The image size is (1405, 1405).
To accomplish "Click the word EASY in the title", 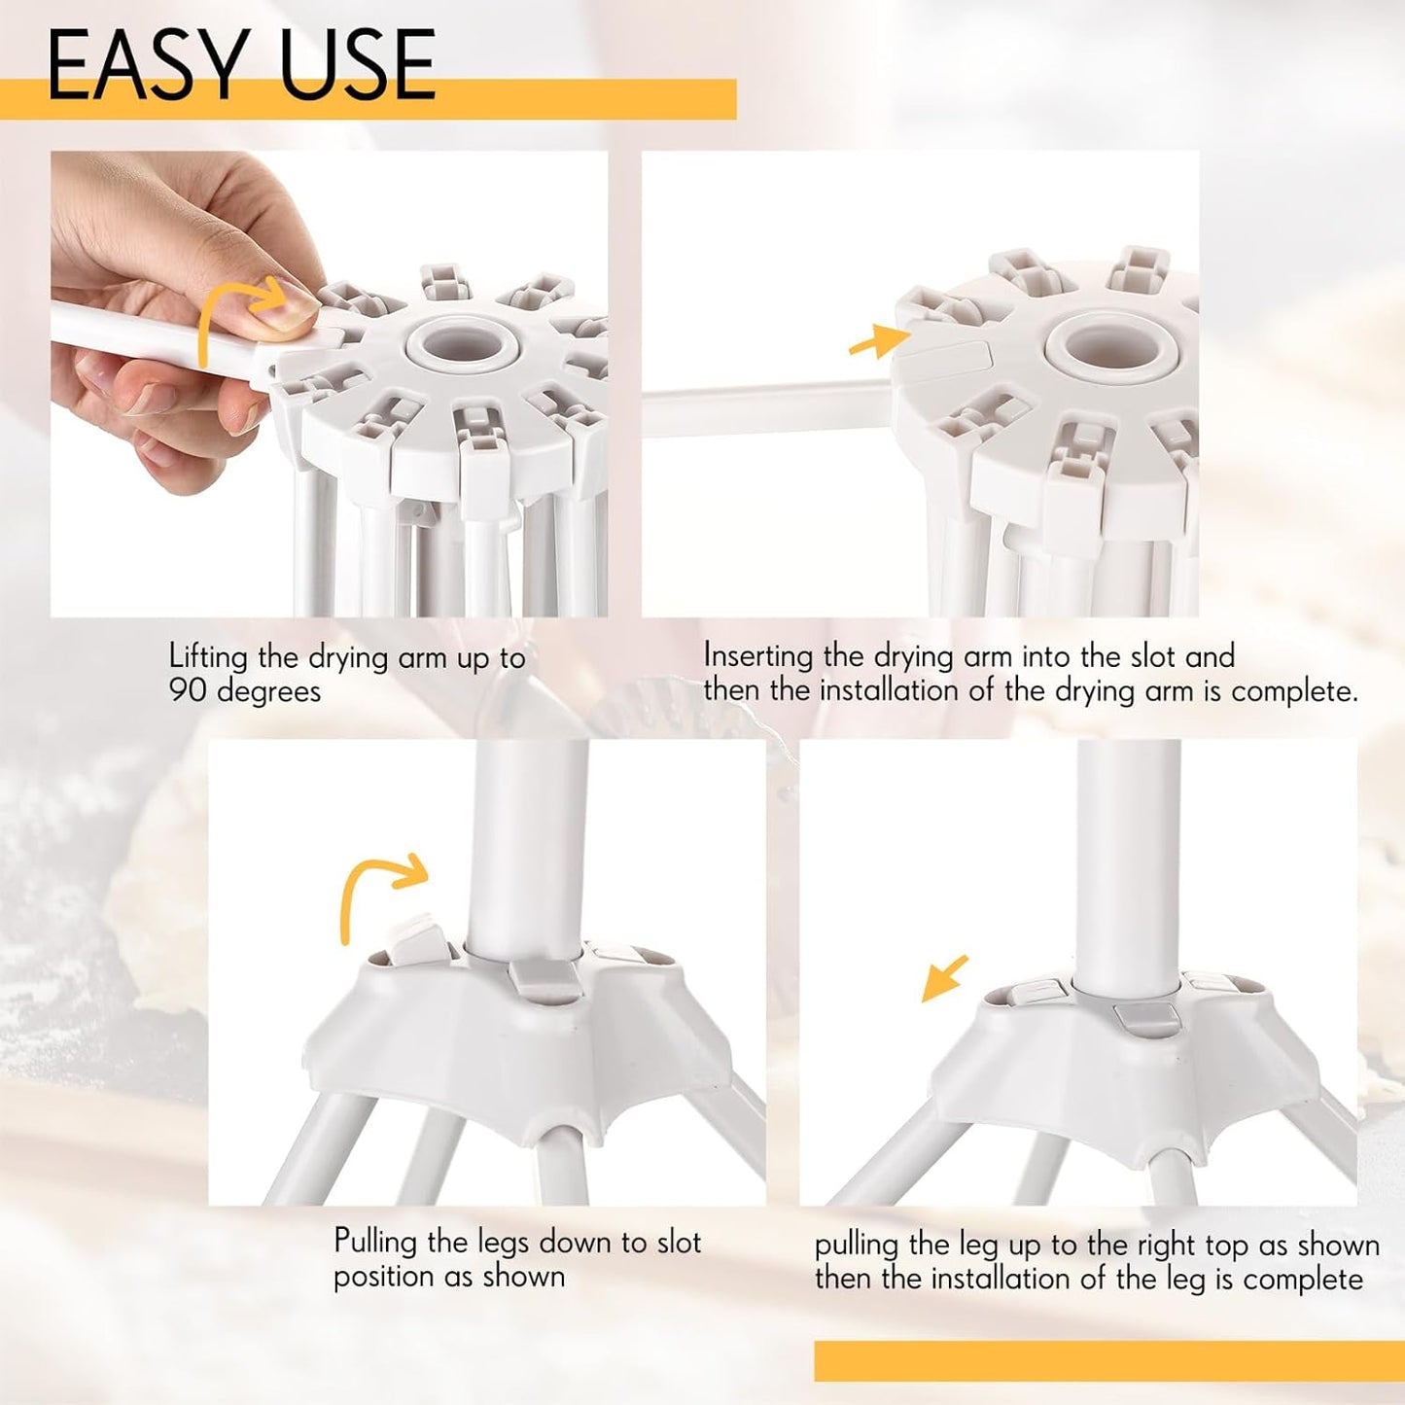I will click(146, 64).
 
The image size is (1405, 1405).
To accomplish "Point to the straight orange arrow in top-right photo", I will click(879, 340).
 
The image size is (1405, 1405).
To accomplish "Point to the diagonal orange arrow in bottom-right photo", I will click(944, 978).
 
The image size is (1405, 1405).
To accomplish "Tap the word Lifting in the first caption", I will click(208, 657).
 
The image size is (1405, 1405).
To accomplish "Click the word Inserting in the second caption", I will click(758, 656).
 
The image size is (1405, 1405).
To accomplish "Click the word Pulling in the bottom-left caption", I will click(376, 1242).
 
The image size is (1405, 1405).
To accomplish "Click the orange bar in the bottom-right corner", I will click(1108, 1360).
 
